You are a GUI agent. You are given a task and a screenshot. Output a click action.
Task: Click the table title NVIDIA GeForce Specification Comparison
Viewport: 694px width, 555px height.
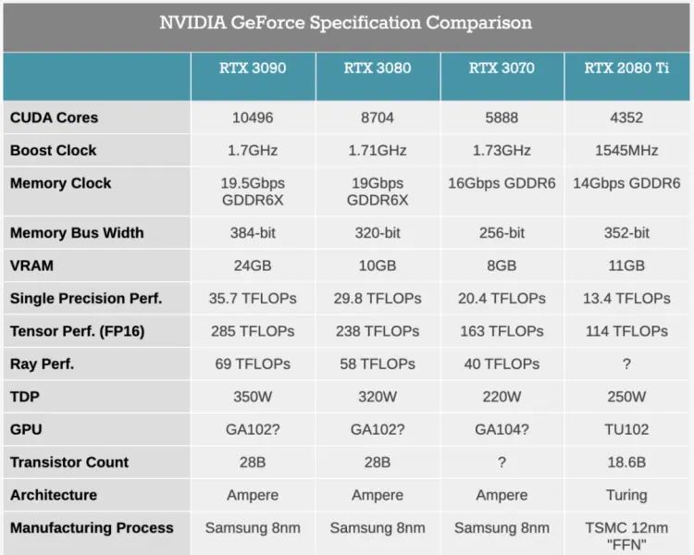click(346, 23)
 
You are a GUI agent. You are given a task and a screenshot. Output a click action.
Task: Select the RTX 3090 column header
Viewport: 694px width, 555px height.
click(253, 68)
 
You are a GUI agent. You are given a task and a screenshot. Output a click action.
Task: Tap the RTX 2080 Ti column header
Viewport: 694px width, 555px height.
click(626, 68)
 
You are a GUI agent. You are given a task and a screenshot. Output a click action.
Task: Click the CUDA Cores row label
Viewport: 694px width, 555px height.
click(54, 117)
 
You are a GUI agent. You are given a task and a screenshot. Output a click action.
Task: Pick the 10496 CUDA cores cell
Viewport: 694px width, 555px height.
click(253, 117)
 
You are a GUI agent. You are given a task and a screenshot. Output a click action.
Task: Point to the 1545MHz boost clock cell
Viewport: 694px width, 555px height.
click(626, 150)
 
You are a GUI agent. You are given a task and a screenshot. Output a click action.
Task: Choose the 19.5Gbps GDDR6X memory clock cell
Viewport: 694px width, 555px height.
click(253, 191)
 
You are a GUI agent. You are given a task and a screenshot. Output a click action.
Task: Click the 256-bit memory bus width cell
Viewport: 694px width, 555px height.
click(502, 233)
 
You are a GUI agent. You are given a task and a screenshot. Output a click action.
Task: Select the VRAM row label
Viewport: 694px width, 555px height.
click(31, 265)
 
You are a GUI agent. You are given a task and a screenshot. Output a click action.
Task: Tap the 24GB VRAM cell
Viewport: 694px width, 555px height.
click(253, 265)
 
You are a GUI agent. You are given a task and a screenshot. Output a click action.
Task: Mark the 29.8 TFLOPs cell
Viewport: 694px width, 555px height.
click(378, 298)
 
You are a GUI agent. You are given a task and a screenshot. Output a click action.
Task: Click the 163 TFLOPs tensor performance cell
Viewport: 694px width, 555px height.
click(502, 331)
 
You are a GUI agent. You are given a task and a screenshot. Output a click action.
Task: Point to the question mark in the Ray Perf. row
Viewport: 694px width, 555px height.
click(626, 364)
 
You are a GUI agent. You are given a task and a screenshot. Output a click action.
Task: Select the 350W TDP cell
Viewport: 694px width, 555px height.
click(253, 397)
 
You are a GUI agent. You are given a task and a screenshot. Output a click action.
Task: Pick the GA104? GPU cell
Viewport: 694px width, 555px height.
click(502, 429)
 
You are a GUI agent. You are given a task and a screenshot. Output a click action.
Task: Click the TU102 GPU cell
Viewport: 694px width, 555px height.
click(626, 429)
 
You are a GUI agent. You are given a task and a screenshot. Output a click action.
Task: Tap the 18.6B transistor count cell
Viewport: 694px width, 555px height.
click(626, 462)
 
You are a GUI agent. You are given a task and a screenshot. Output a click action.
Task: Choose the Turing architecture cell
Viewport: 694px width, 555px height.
click(626, 495)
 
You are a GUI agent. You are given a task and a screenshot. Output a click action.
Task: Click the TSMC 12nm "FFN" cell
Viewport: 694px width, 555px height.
click(626, 536)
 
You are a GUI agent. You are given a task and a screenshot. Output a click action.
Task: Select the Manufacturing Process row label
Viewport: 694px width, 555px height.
click(92, 528)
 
